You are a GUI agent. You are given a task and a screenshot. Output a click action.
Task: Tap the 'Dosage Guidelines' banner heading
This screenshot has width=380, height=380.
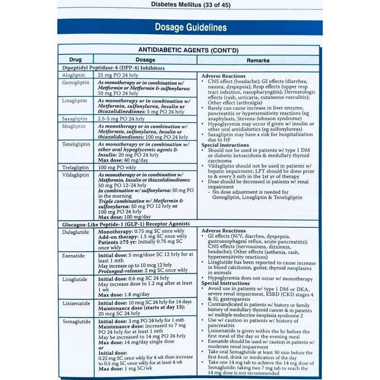point(190,28)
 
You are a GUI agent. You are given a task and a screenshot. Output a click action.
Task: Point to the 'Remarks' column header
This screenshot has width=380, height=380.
point(258,60)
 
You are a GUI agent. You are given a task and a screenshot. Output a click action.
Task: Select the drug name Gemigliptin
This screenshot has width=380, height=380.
point(76,83)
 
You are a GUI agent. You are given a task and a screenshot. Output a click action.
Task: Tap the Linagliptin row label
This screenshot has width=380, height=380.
point(75,101)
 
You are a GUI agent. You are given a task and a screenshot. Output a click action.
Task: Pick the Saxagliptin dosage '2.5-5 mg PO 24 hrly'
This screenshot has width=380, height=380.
point(121,118)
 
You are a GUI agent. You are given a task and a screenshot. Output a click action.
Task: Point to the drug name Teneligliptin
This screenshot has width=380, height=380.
point(76,143)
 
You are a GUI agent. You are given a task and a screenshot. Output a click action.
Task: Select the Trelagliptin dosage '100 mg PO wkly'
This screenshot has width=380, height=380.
point(116,168)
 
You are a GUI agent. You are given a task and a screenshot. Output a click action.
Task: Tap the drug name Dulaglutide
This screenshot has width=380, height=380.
point(75,231)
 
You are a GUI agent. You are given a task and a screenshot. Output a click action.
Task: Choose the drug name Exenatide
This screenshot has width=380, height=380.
point(74,256)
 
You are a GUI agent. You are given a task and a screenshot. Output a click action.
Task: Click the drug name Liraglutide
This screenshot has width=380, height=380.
point(75,279)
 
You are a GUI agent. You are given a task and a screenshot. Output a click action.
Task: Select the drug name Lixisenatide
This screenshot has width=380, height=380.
point(76,303)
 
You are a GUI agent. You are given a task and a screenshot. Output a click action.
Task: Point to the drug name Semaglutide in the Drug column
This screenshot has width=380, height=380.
point(76,322)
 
